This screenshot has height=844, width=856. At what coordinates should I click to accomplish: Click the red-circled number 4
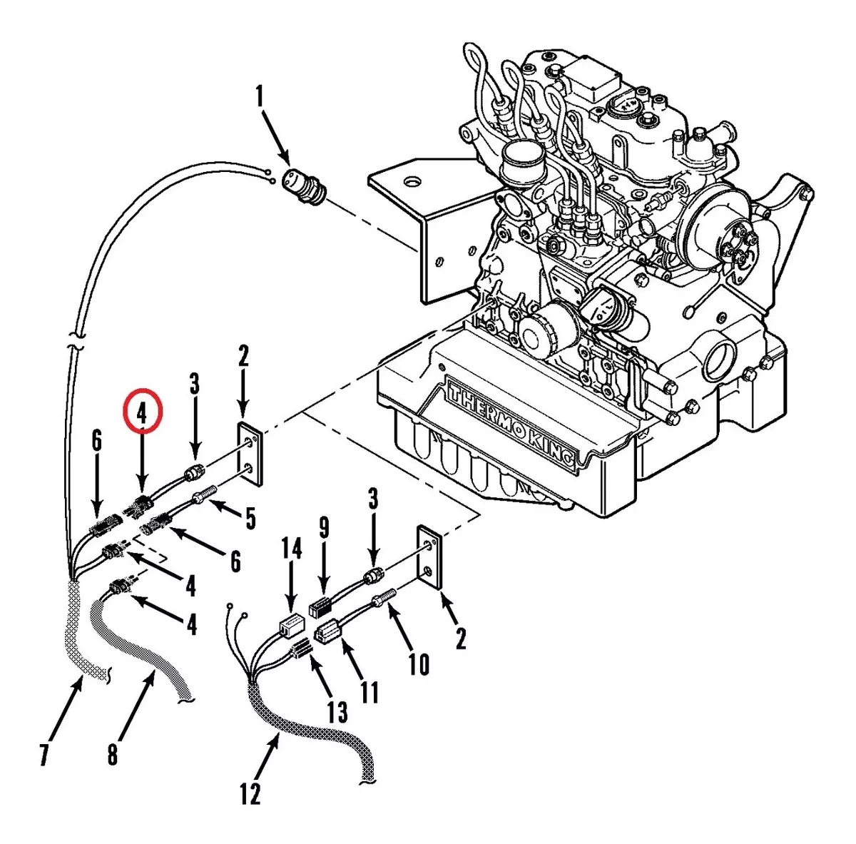pyautogui.click(x=143, y=412)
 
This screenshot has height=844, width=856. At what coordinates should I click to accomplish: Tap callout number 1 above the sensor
pyautogui.click(x=260, y=96)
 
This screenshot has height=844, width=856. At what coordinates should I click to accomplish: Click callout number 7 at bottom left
pyautogui.click(x=45, y=753)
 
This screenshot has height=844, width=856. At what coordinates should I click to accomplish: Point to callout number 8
pyautogui.click(x=113, y=754)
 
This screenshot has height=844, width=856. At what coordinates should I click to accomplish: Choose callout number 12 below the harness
pyautogui.click(x=250, y=793)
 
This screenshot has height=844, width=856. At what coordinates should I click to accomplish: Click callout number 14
pyautogui.click(x=291, y=549)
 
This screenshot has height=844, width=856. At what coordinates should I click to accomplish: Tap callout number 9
pyautogui.click(x=325, y=529)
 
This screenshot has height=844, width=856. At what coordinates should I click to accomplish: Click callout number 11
pyautogui.click(x=370, y=691)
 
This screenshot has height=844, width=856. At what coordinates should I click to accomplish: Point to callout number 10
pyautogui.click(x=419, y=663)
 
